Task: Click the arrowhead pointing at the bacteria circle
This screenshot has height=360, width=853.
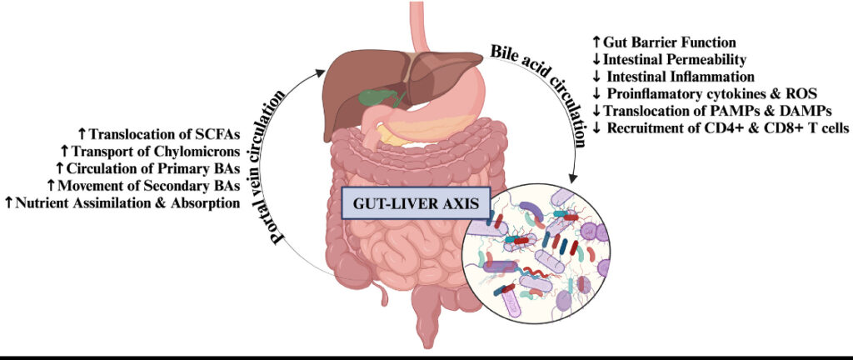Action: coord(573,178)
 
